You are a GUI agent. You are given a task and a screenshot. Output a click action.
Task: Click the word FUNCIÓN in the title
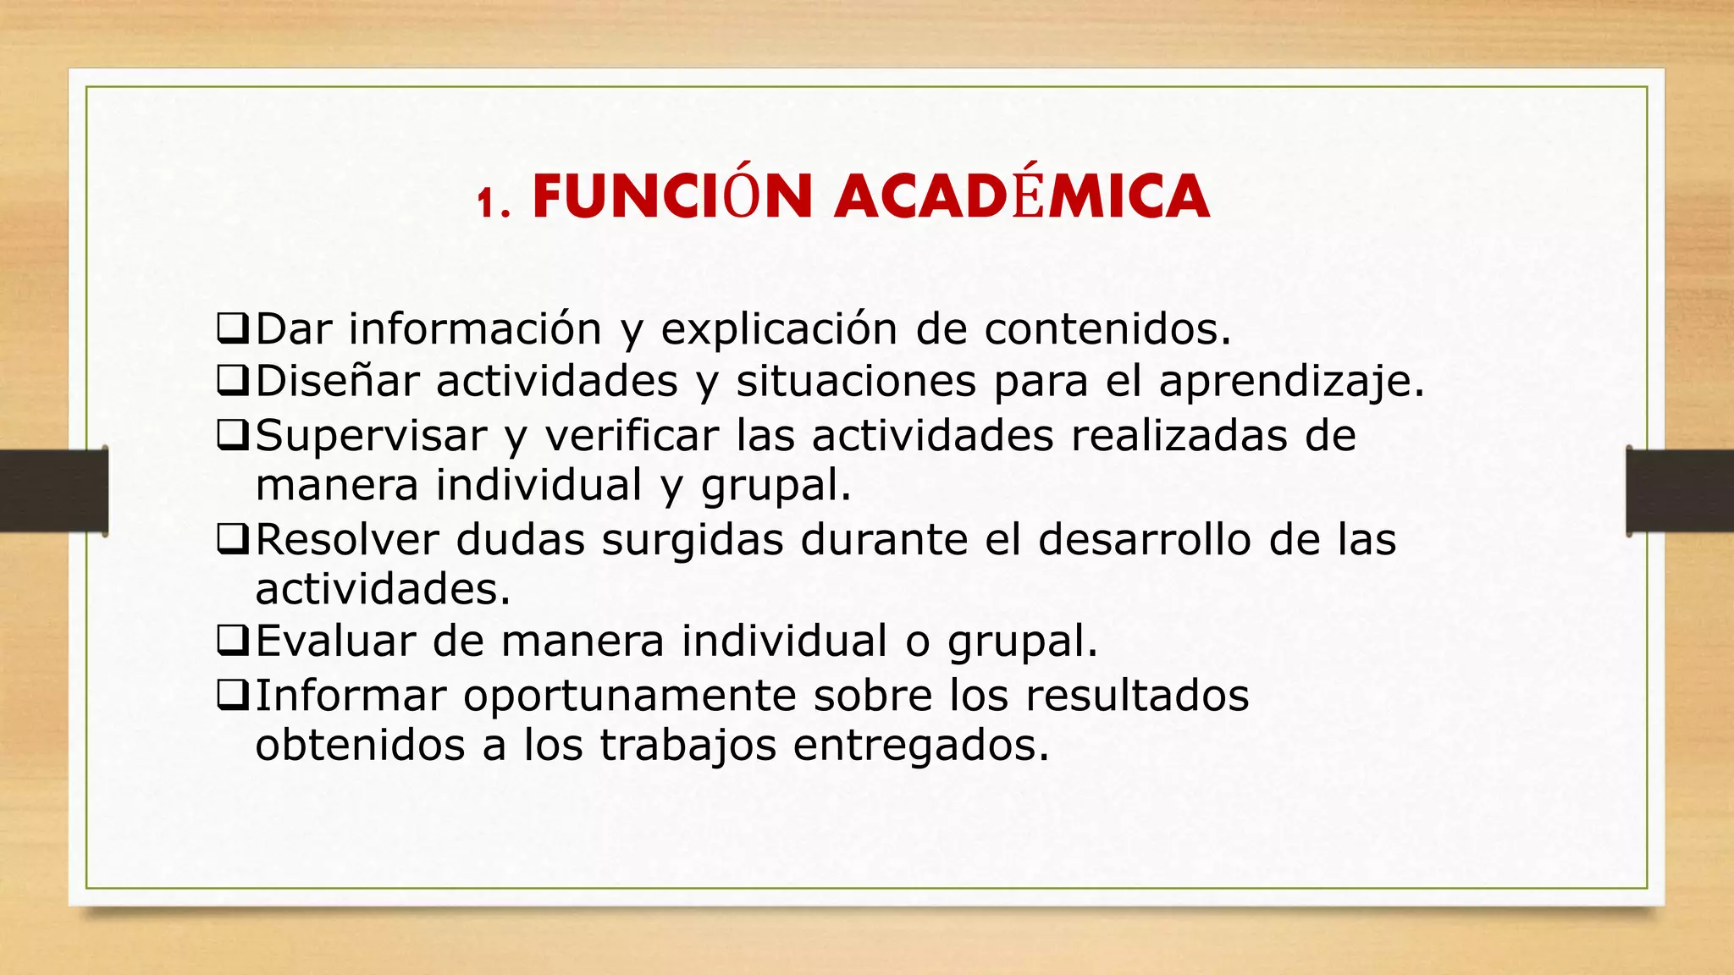pyautogui.click(x=672, y=197)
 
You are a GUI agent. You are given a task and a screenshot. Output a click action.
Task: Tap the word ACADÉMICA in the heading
pyautogui.click(x=1021, y=197)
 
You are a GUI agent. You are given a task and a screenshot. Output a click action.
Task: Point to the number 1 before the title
pyautogui.click(x=485, y=203)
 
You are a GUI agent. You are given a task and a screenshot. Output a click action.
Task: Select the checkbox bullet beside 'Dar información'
pyautogui.click(x=232, y=328)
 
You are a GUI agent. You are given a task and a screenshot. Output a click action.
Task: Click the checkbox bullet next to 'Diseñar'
pyautogui.click(x=232, y=381)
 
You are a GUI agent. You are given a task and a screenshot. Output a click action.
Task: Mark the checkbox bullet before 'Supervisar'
pyautogui.click(x=232, y=435)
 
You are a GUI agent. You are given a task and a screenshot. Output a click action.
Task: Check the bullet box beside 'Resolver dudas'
pyautogui.click(x=232, y=539)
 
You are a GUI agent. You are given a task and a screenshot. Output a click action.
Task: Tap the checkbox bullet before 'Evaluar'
pyautogui.click(x=232, y=641)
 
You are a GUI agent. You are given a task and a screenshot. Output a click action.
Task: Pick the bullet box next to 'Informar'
pyautogui.click(x=232, y=695)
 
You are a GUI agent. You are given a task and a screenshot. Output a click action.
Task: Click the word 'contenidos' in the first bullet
pyautogui.click(x=1106, y=328)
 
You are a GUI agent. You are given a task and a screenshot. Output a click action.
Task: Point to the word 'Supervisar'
pyautogui.click(x=371, y=437)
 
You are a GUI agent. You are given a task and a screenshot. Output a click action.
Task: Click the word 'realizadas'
pyautogui.click(x=1178, y=435)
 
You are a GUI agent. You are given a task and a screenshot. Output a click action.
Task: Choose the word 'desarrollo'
pyautogui.click(x=1144, y=539)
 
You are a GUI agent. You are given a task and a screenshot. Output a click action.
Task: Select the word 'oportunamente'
pyautogui.click(x=629, y=697)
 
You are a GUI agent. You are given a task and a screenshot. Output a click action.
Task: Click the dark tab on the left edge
pyautogui.click(x=53, y=491)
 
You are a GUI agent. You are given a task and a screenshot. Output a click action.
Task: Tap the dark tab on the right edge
pyautogui.click(x=1680, y=491)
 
